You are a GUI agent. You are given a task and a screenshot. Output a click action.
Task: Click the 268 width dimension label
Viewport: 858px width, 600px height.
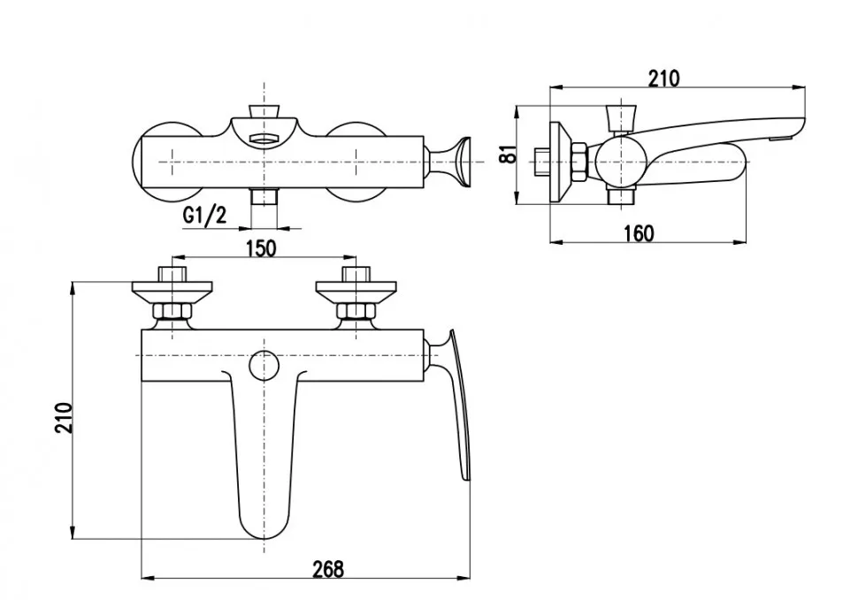[328, 569]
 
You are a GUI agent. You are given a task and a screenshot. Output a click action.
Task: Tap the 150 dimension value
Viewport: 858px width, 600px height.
[261, 248]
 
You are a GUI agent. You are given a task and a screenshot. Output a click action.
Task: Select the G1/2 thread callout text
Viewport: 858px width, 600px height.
[204, 216]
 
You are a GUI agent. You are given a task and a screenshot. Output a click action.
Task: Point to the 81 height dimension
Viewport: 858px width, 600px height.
[509, 154]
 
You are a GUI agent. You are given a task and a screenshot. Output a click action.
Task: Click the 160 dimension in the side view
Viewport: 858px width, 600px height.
[639, 233]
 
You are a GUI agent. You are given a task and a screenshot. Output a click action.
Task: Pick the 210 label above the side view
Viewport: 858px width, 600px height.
[663, 79]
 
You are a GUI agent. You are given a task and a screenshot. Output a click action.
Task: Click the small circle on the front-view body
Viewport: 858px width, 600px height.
[264, 365]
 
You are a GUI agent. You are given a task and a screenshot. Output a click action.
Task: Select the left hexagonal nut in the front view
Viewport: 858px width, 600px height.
[172, 312]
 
